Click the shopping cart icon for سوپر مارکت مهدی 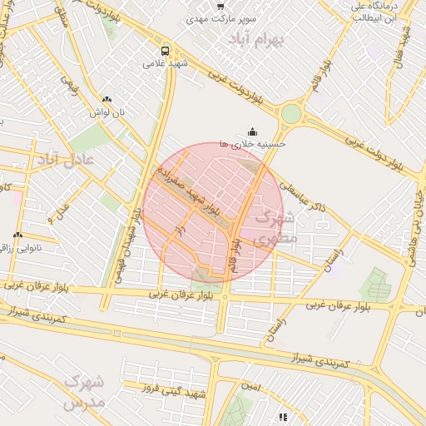pos(220,6)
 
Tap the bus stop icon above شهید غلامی pos(166,50)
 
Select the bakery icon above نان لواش pos(106,99)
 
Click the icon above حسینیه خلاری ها pos(253,131)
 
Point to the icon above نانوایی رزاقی pos(17,235)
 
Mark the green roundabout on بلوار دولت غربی pos(291,114)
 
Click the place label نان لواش pos(106,111)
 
